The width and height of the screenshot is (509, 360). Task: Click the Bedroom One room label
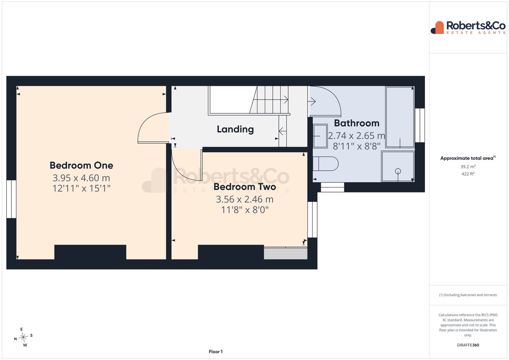tap(81, 165)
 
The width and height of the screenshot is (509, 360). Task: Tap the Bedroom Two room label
tap(245, 187)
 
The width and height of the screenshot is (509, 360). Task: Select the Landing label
tap(235, 129)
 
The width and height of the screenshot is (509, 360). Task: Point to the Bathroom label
tap(357, 123)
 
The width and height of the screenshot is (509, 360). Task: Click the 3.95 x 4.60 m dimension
tap(81, 178)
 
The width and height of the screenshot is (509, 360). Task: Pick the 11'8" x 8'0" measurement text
tap(245, 209)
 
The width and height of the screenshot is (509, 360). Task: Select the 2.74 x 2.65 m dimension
tap(357, 136)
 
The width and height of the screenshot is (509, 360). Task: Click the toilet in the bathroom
tap(326, 164)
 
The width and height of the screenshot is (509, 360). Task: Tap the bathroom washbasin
tap(320, 136)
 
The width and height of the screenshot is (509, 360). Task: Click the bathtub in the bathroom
tap(400, 117)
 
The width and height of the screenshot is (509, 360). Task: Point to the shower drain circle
tap(398, 171)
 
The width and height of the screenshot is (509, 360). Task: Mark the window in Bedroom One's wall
tap(11, 199)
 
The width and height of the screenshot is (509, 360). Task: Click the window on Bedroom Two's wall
tap(313, 219)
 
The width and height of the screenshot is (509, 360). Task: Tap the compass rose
tap(23, 337)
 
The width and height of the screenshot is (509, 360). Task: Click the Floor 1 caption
tap(215, 352)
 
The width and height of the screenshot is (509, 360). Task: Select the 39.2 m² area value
tap(468, 167)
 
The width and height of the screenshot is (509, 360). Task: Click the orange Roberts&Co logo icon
tap(437, 28)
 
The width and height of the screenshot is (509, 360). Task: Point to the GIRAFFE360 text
tap(468, 345)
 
